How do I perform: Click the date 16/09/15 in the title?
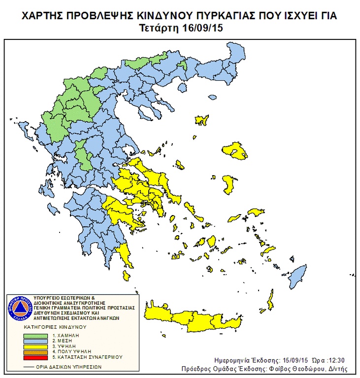coord(204,29)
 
